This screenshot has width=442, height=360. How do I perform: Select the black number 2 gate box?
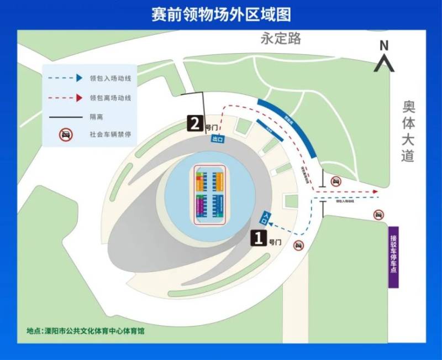(195, 123)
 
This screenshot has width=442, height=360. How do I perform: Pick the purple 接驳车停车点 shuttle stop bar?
(393, 257)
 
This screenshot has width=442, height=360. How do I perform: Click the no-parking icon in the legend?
(65, 134)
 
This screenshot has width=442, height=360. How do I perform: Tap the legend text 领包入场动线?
(110, 79)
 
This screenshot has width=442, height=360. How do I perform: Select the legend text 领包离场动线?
(110, 98)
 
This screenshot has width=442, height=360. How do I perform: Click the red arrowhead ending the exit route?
(376, 192)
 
